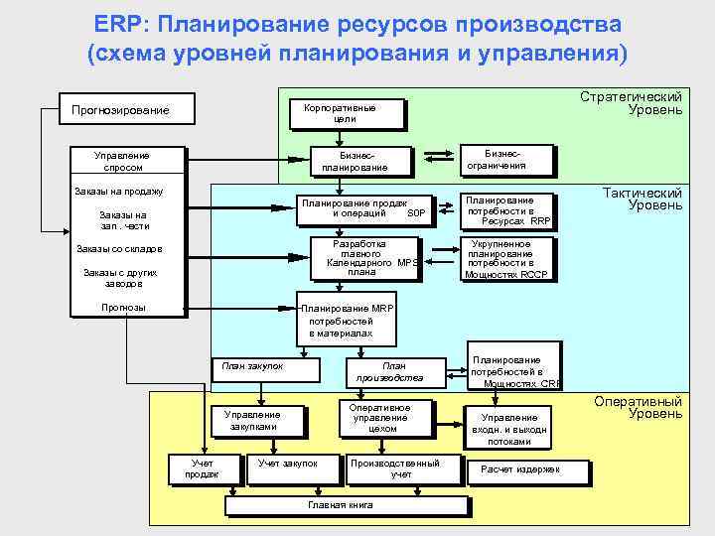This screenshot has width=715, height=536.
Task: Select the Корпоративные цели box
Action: pos(346,113)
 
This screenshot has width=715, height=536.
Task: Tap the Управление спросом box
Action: pos(122,161)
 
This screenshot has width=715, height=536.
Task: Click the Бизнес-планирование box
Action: pos(349,161)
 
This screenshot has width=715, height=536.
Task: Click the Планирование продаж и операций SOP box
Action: pos(366,208)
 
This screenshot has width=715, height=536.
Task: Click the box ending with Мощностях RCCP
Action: pos(507,258)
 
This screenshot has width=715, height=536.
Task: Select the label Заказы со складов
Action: pos(119,249)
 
